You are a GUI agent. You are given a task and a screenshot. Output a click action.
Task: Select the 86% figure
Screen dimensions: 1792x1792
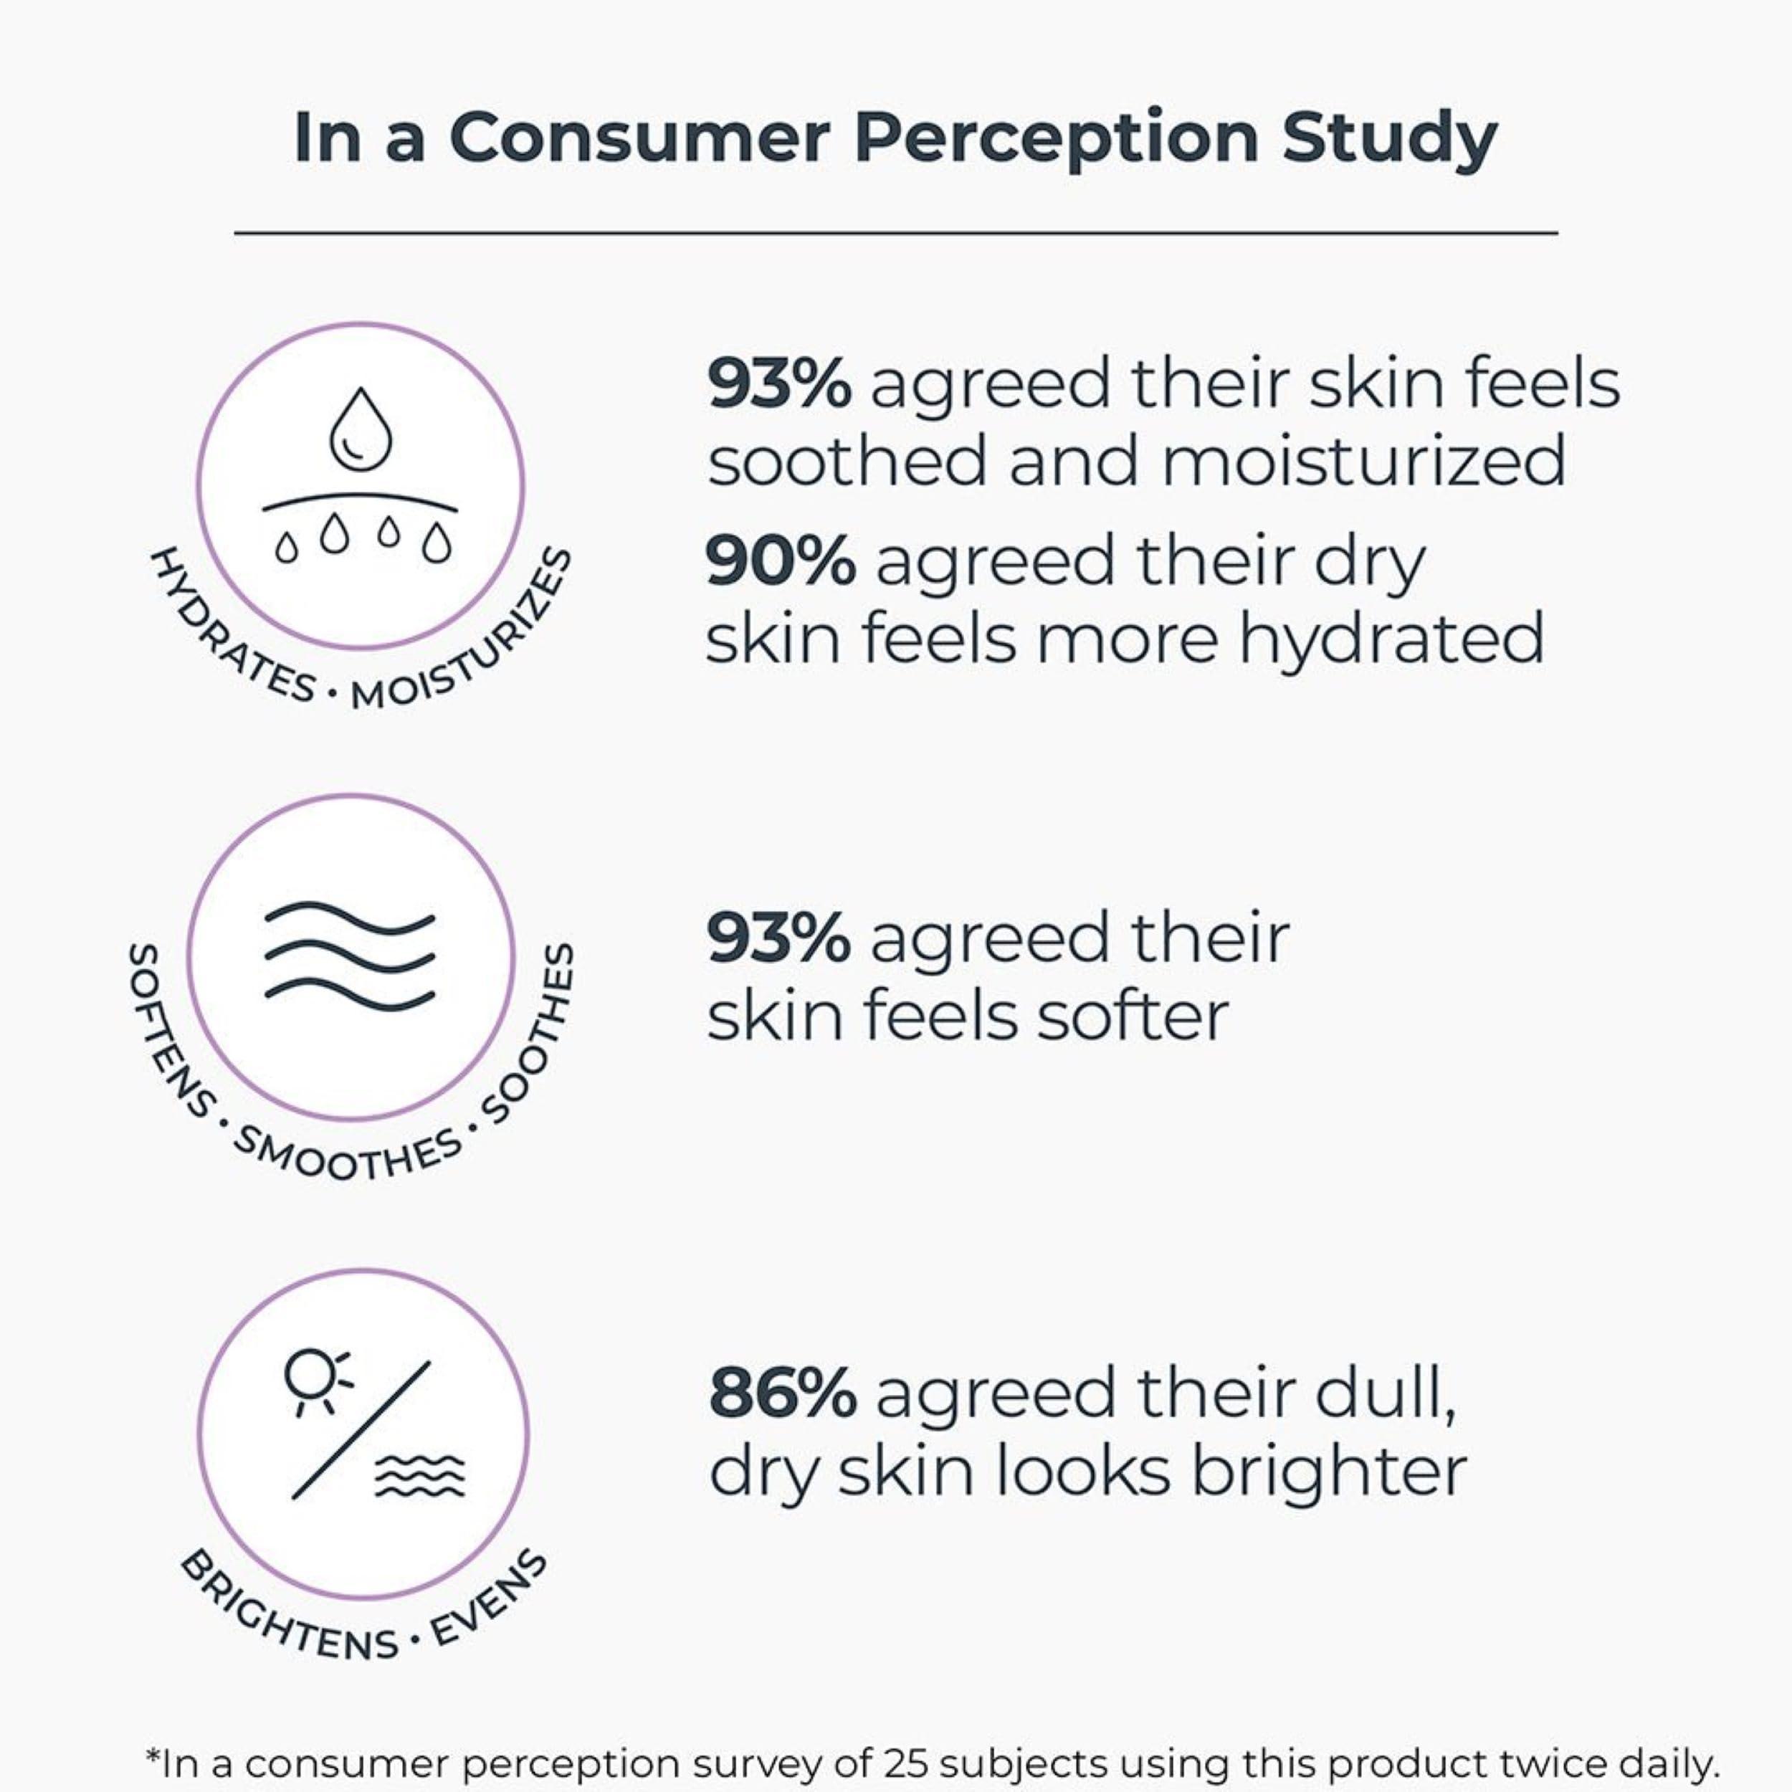tap(782, 1394)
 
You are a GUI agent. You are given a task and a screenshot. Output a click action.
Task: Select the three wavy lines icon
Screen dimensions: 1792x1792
tap(350, 955)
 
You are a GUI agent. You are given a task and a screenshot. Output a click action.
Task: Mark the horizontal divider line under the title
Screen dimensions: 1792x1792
tap(895, 234)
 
